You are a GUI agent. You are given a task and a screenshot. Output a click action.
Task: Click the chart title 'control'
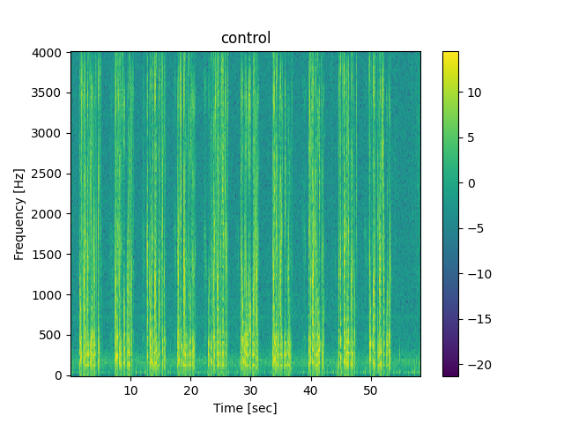pos(246,38)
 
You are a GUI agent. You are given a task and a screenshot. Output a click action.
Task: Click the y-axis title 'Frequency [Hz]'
pos(19,214)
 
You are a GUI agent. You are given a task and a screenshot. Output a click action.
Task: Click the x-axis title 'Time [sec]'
pos(246,408)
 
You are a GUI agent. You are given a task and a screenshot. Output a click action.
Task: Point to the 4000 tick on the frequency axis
pos(49,53)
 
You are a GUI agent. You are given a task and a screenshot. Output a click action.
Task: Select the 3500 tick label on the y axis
pos(49,93)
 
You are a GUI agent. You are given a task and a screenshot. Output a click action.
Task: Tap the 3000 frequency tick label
pos(49,133)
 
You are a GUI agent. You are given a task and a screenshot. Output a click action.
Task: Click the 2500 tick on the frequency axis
pos(49,174)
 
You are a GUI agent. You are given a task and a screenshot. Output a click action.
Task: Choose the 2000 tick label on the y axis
pos(49,214)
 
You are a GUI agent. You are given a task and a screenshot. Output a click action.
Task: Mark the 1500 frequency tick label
pos(49,255)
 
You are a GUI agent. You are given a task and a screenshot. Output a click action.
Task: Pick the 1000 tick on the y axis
pos(49,295)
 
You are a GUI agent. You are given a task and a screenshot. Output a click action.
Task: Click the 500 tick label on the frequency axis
pos(53,335)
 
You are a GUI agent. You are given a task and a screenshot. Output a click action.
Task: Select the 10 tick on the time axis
pos(130,390)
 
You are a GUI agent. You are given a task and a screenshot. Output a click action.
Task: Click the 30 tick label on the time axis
pos(250,390)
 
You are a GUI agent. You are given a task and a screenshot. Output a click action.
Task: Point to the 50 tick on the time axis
pos(370,390)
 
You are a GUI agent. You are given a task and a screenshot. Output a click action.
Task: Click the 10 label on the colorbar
pos(472,92)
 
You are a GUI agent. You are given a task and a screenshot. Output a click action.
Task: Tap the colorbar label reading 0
pos(470,183)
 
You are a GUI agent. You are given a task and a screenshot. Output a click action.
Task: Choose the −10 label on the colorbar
pos(476,274)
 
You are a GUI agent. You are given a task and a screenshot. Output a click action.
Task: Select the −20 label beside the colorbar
pos(476,365)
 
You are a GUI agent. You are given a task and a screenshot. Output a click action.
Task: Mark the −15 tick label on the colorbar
pos(476,320)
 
